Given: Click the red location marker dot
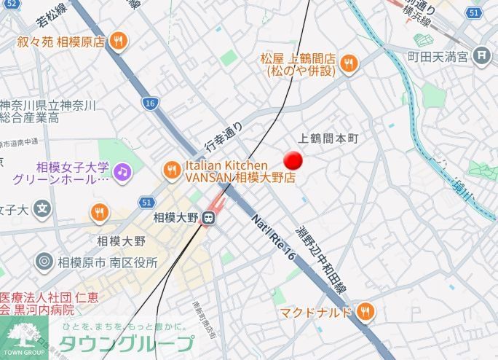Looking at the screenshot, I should [293, 161].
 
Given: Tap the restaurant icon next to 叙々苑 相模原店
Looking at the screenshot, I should [118, 42].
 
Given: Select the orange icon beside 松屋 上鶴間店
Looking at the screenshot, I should [349, 64].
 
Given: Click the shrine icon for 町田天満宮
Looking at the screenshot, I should [481, 55].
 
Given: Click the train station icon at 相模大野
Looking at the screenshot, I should [209, 217].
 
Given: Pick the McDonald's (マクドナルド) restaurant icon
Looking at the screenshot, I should [366, 313].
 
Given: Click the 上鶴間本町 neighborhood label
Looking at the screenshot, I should [330, 138].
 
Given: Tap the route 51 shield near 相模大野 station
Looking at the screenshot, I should [146, 202].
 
